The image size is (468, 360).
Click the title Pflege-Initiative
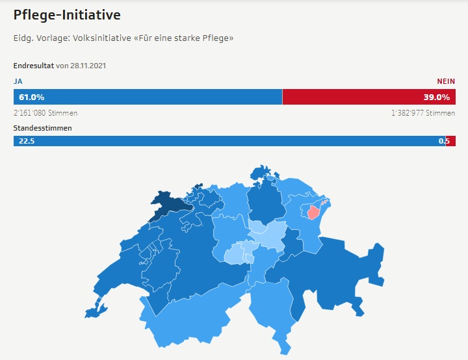pyautogui.click(x=67, y=15)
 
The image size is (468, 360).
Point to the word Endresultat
pyautogui.click(x=33, y=66)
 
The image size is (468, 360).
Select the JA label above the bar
pyautogui.click(x=18, y=81)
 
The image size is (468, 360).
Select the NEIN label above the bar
pyautogui.click(x=446, y=81)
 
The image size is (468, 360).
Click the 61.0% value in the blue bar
pyautogui.click(x=32, y=97)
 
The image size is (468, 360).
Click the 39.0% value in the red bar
pyautogui.click(x=437, y=97)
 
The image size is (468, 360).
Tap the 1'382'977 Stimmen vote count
pyautogui.click(x=423, y=113)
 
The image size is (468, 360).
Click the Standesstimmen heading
pyautogui.click(x=42, y=128)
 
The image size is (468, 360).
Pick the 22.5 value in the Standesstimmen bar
pyautogui.click(x=27, y=141)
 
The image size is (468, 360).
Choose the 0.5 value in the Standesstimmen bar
pyautogui.click(x=444, y=141)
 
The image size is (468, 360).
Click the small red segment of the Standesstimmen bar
pyautogui.click(x=451, y=141)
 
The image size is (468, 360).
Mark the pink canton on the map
pyautogui.click(x=313, y=212)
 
